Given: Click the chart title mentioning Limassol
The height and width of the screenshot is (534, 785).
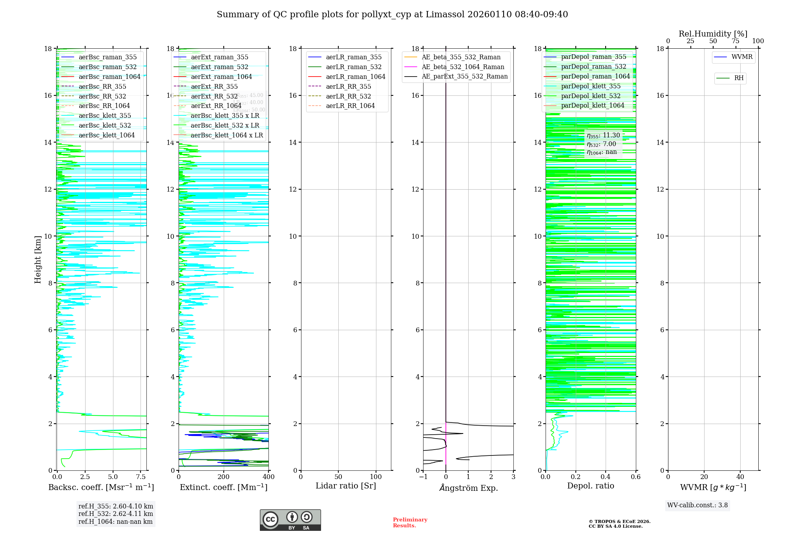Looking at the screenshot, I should [392, 15].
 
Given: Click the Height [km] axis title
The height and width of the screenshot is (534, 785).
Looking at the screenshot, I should [38, 259].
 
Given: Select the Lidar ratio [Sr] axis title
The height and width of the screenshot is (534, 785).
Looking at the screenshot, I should [346, 486].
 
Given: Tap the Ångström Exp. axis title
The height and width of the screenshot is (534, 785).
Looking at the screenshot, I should [468, 488].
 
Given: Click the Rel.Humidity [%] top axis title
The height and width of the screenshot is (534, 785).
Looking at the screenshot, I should [713, 34].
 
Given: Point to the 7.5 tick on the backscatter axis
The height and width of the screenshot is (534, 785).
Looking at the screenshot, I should [141, 477].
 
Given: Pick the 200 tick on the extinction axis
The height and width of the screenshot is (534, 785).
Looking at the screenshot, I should [224, 477].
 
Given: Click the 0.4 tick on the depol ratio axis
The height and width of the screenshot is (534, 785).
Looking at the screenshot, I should [606, 477].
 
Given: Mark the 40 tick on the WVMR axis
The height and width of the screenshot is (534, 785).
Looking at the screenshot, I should [740, 477].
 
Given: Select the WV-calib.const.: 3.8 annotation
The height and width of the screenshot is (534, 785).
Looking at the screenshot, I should [697, 505].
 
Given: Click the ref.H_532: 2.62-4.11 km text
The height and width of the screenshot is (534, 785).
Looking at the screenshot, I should [116, 514].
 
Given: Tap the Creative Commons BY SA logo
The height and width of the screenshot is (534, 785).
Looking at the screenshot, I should [290, 520].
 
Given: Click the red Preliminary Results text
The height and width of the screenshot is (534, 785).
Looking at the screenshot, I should [410, 523].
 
